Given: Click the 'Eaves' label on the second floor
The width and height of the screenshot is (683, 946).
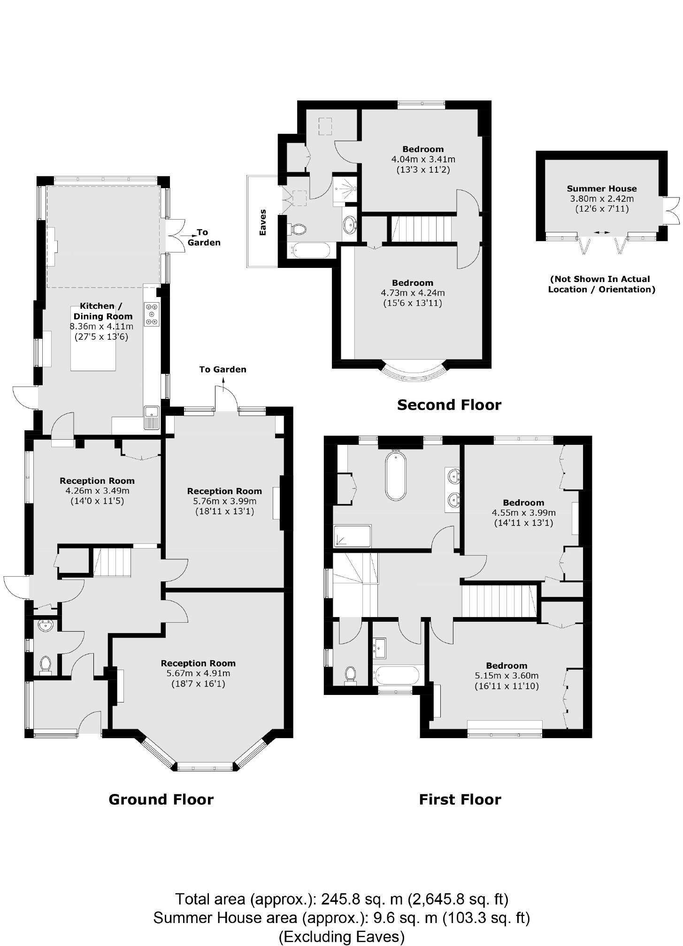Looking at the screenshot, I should point(263,222).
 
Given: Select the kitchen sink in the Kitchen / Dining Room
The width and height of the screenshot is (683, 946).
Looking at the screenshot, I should point(152,417).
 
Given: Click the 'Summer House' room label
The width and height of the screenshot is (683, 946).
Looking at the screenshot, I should point(601,189).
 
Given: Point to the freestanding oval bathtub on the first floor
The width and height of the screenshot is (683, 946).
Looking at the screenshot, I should point(396,475).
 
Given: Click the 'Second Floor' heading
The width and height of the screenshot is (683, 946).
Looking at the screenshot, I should point(449,404).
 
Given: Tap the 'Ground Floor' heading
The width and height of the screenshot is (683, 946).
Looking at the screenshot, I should point(161,799).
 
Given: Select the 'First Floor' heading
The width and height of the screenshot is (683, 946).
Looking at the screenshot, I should point(460,799).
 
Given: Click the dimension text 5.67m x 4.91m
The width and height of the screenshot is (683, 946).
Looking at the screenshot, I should point(198,673).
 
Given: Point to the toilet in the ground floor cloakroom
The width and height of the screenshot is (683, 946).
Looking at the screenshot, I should point(46,664).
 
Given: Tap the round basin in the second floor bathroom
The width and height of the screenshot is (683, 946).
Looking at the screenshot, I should point(350,225).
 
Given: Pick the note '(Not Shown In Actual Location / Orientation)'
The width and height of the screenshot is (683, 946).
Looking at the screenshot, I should point(601,284).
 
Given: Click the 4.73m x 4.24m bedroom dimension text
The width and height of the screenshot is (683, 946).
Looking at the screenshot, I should point(413,293).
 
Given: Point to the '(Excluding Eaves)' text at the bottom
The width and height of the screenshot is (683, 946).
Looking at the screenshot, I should point(341,937).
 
